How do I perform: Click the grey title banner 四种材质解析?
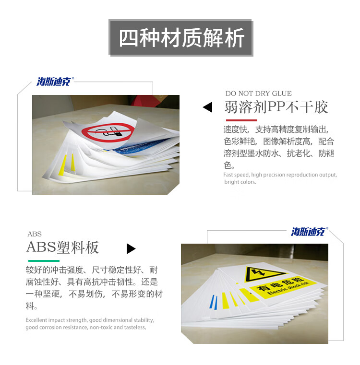point(181,38)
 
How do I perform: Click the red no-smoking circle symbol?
point(108,132)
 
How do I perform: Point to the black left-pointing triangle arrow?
point(207,107)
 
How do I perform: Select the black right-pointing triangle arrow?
point(131,248)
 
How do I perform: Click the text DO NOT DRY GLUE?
point(258,94)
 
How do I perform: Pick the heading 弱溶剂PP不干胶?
point(276,107)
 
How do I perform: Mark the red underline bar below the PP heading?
point(241,120)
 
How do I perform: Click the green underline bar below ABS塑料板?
point(44,261)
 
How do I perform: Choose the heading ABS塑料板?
point(63,247)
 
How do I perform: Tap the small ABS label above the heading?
point(35,234)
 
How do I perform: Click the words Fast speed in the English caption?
point(236,175)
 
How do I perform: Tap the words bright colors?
point(240,182)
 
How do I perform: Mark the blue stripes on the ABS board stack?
point(214,302)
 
